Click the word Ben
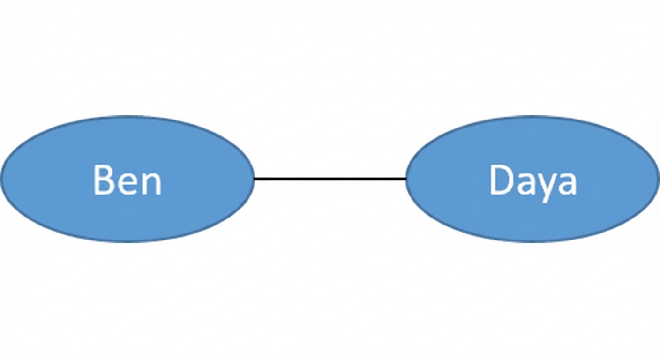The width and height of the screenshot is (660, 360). (x=127, y=180)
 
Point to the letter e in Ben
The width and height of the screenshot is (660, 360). (x=127, y=184)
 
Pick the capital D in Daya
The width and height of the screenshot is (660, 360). (x=502, y=180)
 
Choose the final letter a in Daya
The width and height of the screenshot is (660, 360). (x=568, y=184)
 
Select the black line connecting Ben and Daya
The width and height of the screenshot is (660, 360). (x=330, y=179)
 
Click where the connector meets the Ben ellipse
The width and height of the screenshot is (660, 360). (x=254, y=179)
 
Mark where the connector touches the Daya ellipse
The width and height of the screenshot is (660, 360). (x=406, y=179)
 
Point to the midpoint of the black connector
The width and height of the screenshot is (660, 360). (x=330, y=179)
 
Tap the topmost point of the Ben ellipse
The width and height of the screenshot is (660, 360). (x=127, y=116)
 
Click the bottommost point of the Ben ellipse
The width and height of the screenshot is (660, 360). (x=127, y=242)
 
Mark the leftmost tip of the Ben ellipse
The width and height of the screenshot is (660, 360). (x=1, y=179)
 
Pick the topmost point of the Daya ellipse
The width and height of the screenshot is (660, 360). (x=532, y=116)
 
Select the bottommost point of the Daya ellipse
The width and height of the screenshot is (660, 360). (x=532, y=242)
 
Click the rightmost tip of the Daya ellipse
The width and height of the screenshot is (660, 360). (x=659, y=179)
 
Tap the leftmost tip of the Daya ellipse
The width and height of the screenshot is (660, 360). (x=406, y=179)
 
